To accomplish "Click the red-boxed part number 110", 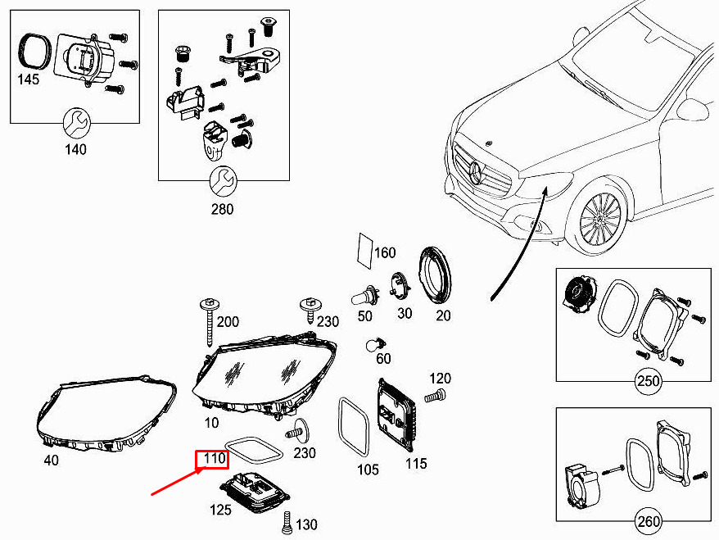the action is point(215,458).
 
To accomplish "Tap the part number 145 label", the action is point(29,79).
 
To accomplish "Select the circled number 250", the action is point(648,381).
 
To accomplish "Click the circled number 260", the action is point(648,521).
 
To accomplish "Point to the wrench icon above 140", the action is point(77,123).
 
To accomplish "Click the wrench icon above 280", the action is point(224,181).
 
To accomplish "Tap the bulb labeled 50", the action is point(365,297).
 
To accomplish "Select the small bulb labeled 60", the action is point(376,344).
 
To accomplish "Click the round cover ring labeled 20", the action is point(435,275).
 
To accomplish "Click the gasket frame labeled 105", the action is point(354,427).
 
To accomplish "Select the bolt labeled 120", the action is point(435,396).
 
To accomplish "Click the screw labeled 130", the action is point(287,523).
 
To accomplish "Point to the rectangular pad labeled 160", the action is point(365,252).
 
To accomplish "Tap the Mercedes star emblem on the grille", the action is point(477,174).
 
